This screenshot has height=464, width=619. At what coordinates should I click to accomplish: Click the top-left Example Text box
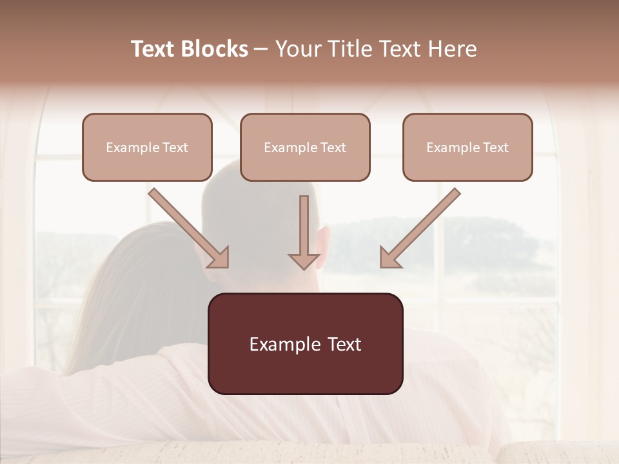(x=147, y=147)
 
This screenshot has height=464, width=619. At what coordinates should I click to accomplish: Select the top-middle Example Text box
(x=305, y=147)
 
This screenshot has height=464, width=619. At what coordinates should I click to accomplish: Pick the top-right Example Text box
(x=467, y=147)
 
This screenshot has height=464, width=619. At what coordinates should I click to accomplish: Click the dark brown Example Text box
(x=305, y=343)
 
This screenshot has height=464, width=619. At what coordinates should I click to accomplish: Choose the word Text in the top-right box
(x=495, y=148)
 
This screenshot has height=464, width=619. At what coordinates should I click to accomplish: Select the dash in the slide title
(x=261, y=49)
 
